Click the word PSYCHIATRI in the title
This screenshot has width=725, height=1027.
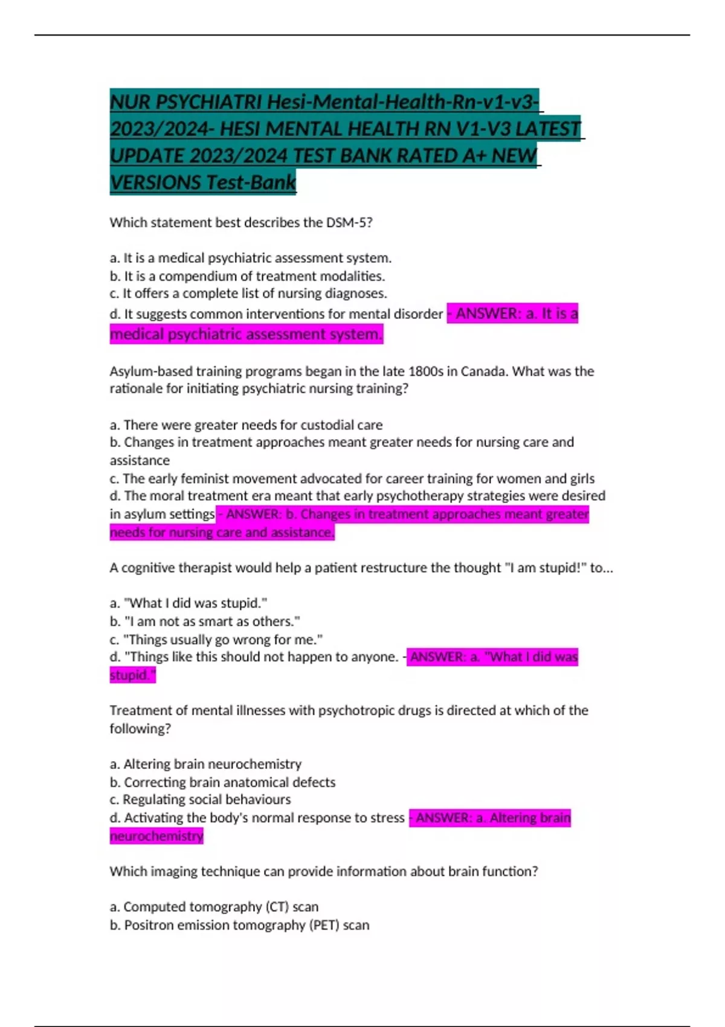click(x=209, y=101)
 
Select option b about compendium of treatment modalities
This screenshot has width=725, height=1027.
click(x=247, y=276)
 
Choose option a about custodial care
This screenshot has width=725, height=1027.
click(x=246, y=425)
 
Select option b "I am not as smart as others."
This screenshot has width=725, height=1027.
click(x=205, y=621)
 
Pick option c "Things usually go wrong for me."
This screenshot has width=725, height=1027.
click(x=216, y=639)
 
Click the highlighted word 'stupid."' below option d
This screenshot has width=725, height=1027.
click(x=132, y=675)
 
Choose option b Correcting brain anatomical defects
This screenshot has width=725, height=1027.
click(x=222, y=782)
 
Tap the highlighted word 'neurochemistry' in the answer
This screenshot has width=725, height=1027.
click(x=156, y=836)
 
